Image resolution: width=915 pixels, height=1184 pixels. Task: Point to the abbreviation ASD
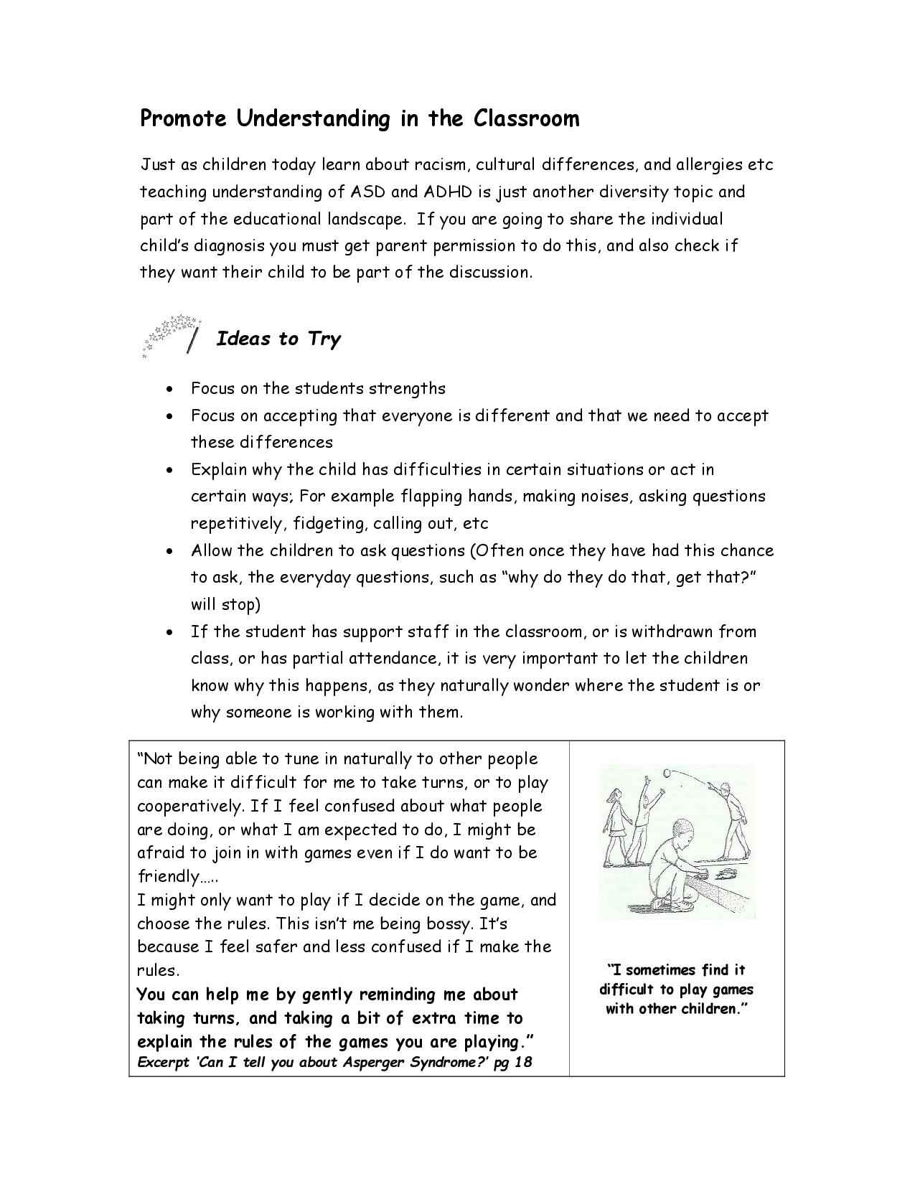(368, 192)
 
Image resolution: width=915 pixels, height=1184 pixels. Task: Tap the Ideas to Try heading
(278, 339)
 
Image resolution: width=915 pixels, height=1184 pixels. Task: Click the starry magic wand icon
(172, 334)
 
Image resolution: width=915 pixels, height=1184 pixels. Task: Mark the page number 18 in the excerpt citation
(524, 1063)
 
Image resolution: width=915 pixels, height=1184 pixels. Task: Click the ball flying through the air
(666, 773)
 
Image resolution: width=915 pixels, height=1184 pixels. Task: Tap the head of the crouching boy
(684, 836)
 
